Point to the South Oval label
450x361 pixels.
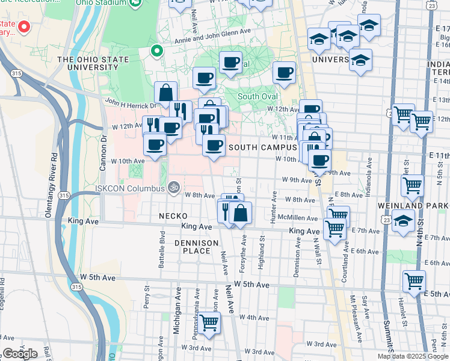[257, 96]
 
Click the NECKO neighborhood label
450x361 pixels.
[173, 215]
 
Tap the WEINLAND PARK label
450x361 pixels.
[413, 206]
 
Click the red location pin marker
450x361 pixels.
[24, 26]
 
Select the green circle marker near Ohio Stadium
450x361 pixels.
[157, 51]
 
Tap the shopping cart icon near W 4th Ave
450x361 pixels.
[209, 322]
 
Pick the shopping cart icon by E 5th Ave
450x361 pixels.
[415, 280]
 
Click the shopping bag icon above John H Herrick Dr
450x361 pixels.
[166, 93]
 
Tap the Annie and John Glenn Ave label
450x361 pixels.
[212, 32]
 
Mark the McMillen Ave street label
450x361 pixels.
[302, 218]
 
